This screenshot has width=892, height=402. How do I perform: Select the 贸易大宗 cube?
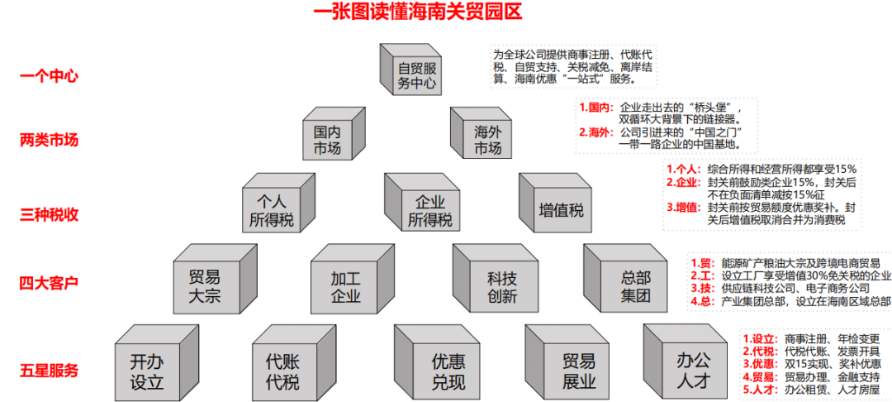pyautogui.click(x=204, y=286)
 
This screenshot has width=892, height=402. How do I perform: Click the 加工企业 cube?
pyautogui.click(x=346, y=286)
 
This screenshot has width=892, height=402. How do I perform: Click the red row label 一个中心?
pyautogui.click(x=49, y=76)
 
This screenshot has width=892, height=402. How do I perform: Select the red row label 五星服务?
pyautogui.click(x=49, y=370)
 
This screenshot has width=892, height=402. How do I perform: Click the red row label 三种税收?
pyautogui.click(x=49, y=214)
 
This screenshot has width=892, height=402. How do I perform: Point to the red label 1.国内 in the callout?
pyautogui.click(x=595, y=108)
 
